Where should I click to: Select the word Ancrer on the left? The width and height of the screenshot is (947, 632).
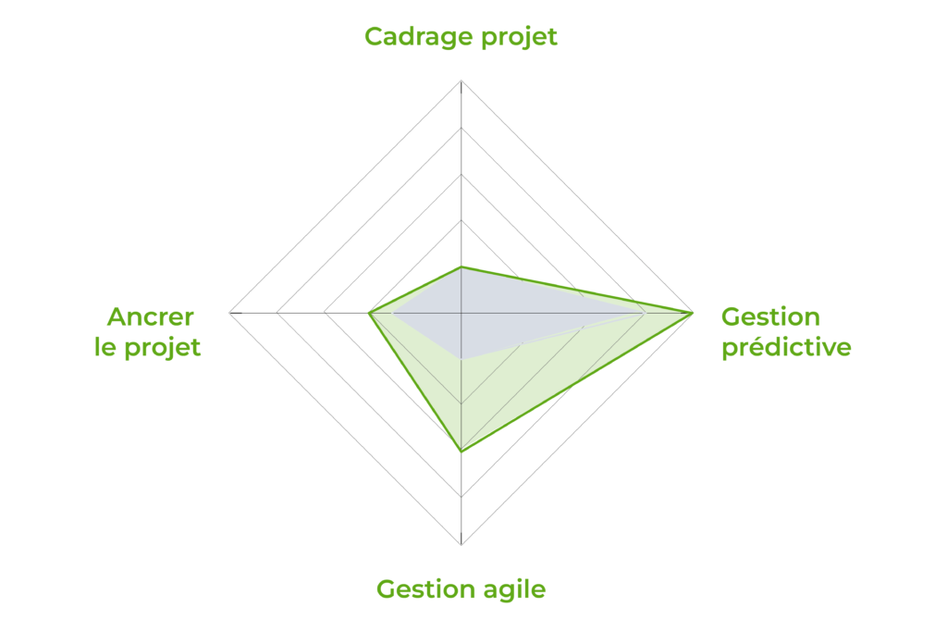click(x=151, y=316)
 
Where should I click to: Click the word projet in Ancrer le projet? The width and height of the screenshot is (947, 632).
click(x=162, y=348)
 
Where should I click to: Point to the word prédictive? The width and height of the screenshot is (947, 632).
click(x=786, y=348)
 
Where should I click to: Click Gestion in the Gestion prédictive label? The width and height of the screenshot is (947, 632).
click(x=770, y=316)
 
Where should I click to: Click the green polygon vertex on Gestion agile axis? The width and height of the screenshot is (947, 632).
click(x=461, y=452)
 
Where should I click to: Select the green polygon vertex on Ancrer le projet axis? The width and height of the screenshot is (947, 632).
click(x=369, y=313)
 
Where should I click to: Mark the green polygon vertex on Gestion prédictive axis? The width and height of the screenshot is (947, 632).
click(x=693, y=313)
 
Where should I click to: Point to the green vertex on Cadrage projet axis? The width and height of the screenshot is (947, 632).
click(x=461, y=266)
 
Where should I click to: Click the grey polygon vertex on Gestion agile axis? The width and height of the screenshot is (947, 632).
click(x=461, y=360)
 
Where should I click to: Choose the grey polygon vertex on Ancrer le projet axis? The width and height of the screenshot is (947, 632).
click(x=392, y=313)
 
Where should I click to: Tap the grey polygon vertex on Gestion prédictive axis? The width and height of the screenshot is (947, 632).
click(x=646, y=313)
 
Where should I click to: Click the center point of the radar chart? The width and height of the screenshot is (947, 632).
click(x=461, y=313)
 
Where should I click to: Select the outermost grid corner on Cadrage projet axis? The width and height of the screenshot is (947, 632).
click(x=461, y=81)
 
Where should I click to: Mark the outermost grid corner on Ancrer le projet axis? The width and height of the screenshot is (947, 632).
click(x=230, y=313)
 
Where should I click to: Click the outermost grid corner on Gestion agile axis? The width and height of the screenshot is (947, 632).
click(x=461, y=545)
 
